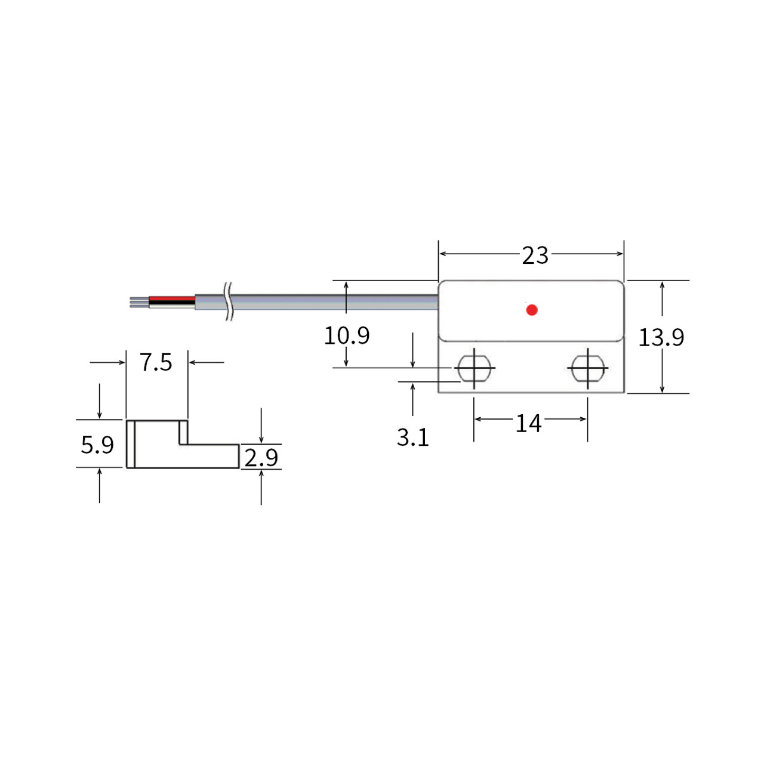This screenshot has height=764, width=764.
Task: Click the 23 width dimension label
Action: point(535,255)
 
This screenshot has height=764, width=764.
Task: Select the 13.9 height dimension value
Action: point(661,338)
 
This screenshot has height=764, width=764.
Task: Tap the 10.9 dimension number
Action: point(346,335)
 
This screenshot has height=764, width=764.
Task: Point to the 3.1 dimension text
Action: point(412,438)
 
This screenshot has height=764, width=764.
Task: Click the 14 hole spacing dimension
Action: point(528,424)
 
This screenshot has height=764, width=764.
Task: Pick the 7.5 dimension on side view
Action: point(156,362)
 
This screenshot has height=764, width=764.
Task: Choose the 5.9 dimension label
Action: point(97,445)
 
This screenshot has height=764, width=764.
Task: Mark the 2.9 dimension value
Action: point(261,458)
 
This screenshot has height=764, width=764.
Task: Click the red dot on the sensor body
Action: point(532,310)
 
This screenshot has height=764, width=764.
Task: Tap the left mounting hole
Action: point(474,368)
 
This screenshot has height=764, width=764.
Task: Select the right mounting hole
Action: point(588,368)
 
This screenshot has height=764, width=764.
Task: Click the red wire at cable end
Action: point(172,298)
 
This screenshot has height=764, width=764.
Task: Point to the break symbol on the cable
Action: point(229,301)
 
